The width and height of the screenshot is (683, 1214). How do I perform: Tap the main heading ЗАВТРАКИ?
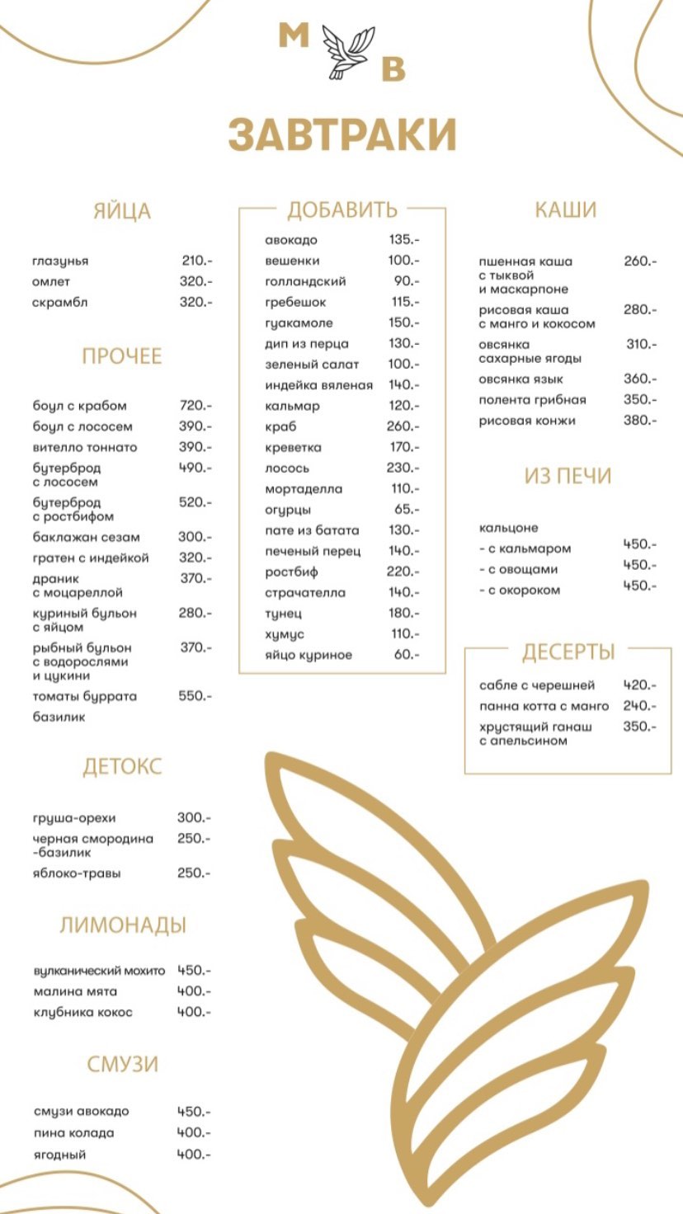[x=342, y=135]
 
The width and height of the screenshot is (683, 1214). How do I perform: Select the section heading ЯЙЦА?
[x=122, y=211]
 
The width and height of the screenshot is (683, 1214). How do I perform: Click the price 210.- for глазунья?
[x=196, y=261]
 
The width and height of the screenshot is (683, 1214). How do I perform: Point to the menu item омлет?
[x=51, y=282]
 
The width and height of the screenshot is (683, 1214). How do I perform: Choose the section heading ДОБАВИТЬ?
[x=341, y=209]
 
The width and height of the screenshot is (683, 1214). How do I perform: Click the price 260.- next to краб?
[x=403, y=426]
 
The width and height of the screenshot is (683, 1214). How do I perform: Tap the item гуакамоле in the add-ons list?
[x=299, y=322]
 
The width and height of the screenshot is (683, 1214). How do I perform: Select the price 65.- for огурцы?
[x=406, y=510]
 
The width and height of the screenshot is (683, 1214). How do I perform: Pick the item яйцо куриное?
[x=309, y=655]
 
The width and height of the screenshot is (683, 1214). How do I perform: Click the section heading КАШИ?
[x=565, y=209]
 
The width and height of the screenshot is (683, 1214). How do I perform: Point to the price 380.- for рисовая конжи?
[x=640, y=420]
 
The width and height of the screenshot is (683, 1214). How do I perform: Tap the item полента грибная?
[x=532, y=400]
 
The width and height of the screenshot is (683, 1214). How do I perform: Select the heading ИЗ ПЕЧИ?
[x=568, y=476]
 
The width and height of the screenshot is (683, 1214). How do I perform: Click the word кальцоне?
[x=508, y=528]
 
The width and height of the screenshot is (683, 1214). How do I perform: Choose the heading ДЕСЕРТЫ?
[x=568, y=652]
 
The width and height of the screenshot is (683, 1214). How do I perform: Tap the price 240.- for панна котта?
[x=640, y=706]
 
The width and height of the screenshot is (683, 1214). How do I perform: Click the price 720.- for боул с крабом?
[x=195, y=406]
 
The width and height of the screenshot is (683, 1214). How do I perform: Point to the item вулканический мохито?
[x=99, y=971]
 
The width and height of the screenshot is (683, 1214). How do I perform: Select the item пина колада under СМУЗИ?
[x=73, y=1133]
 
